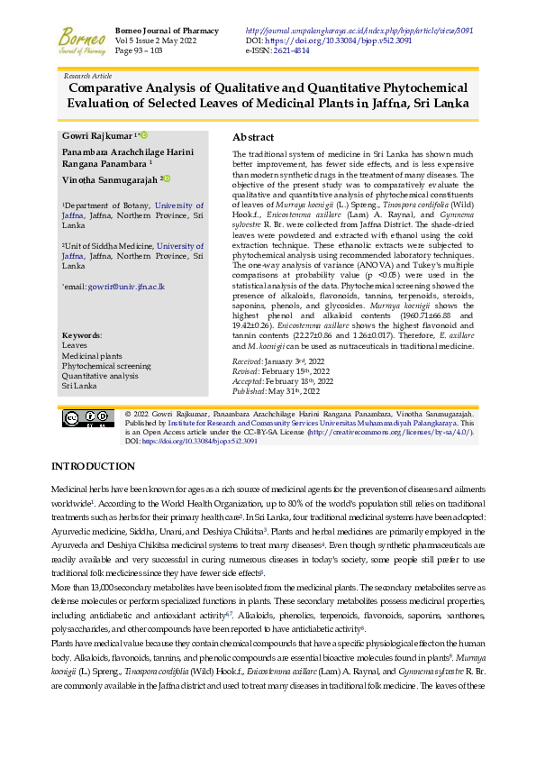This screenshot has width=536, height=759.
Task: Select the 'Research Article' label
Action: (x=88, y=77)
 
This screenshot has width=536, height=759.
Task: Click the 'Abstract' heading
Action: (x=253, y=137)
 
